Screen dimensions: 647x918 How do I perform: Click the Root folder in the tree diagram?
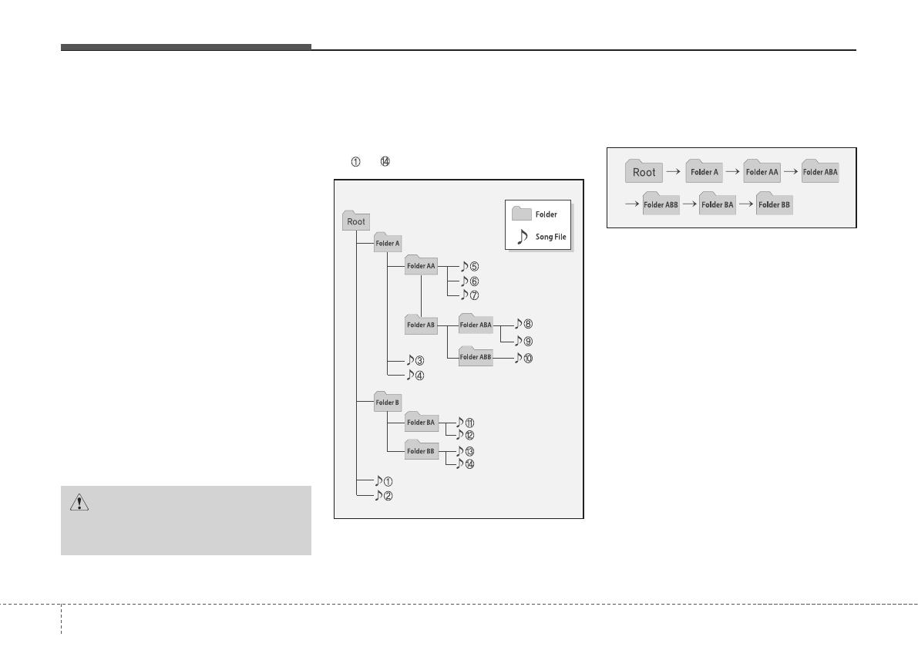click(355, 221)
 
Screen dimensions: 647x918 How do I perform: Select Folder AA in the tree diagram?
click(421, 266)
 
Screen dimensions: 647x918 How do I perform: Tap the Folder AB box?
click(421, 325)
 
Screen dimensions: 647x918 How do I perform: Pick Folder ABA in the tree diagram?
click(475, 325)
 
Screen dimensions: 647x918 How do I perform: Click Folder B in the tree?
click(387, 403)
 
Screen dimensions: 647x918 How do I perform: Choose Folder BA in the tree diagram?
click(421, 423)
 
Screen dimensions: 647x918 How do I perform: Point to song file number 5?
click(469, 267)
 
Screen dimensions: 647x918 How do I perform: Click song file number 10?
click(523, 358)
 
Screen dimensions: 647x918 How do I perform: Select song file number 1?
click(383, 481)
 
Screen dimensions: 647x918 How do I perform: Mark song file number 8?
click(523, 325)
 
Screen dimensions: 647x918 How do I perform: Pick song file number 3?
click(415, 360)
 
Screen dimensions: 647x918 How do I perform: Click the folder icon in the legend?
click(522, 213)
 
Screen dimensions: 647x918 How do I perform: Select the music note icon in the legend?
click(522, 236)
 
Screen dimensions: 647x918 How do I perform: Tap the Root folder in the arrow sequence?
click(644, 172)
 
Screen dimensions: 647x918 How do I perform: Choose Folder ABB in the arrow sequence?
click(661, 205)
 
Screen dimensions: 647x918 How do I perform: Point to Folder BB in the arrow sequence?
click(775, 205)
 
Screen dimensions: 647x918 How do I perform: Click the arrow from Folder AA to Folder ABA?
click(790, 173)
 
